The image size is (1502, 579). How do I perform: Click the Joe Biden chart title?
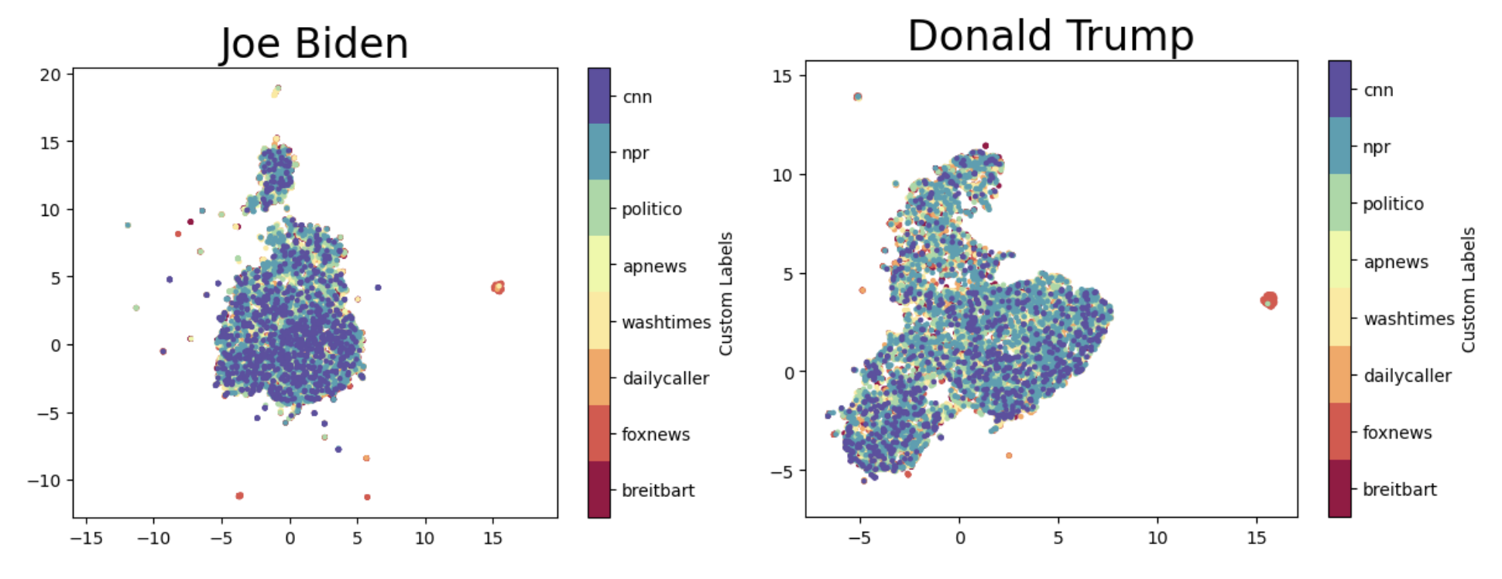tap(314, 43)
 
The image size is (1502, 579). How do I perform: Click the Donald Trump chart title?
tap(1051, 36)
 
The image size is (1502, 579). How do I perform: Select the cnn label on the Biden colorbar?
tap(637, 97)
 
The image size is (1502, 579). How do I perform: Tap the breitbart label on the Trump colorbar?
tap(1399, 489)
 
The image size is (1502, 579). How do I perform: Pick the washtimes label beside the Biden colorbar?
tap(666, 322)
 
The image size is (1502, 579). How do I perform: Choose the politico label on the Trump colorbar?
tap(1393, 204)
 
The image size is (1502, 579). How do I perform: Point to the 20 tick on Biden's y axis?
tap(50, 75)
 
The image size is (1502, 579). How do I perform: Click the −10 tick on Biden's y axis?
tap(44, 481)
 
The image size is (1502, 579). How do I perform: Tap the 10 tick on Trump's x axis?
tap(1157, 538)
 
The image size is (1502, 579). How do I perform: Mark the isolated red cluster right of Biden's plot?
tap(498, 287)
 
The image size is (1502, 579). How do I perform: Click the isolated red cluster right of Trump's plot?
tap(1268, 300)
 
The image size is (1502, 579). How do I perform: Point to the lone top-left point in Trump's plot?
tap(857, 97)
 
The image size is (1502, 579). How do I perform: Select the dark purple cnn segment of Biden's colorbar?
tap(598, 96)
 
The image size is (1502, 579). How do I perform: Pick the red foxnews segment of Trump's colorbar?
tap(1339, 431)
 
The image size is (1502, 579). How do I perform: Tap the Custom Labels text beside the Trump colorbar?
tap(1469, 290)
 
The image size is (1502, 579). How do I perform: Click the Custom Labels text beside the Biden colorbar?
tap(725, 294)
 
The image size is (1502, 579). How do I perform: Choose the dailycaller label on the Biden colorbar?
tap(666, 379)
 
